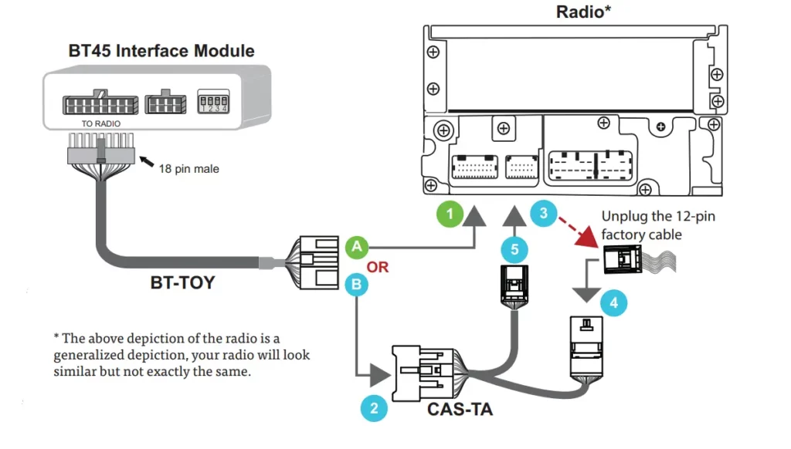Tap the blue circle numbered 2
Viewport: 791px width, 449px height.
[x=375, y=407]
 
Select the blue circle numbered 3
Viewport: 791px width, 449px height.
[x=544, y=212]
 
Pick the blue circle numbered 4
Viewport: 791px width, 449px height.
[x=613, y=303]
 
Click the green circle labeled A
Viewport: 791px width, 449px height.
[x=356, y=248]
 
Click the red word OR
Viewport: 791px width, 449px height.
[x=378, y=267]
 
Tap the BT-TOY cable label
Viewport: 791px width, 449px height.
[x=182, y=283]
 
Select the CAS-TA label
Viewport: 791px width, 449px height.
[x=460, y=409]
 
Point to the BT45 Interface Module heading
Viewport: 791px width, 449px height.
[x=161, y=52]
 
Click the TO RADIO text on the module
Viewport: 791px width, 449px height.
[x=101, y=123]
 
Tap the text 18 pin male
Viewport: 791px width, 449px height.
[x=188, y=168]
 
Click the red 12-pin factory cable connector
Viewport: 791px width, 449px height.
[x=623, y=259]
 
